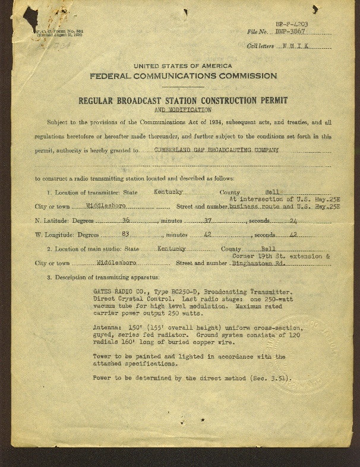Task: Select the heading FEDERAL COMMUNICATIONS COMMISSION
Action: (x=183, y=76)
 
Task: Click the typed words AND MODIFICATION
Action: (x=182, y=110)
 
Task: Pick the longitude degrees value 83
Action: (x=126, y=235)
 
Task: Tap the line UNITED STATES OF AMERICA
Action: (x=183, y=66)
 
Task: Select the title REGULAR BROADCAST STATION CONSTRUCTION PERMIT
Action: (x=182, y=101)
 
